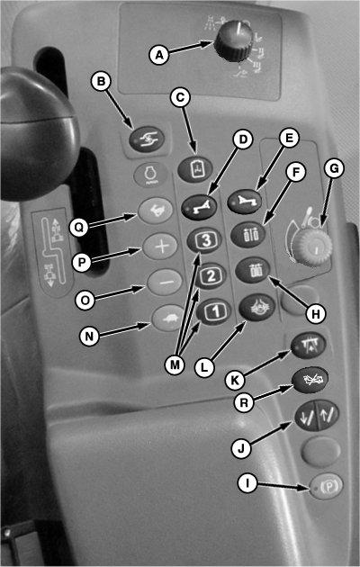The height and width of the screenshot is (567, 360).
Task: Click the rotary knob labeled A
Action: point(233,40)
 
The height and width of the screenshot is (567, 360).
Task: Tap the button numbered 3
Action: point(204,241)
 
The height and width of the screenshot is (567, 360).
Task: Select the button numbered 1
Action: point(214,311)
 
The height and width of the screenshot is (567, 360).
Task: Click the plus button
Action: point(160,247)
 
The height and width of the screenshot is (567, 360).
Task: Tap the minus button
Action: point(165,282)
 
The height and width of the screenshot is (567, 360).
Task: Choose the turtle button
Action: point(168,319)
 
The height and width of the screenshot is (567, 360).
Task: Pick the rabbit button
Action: point(156,211)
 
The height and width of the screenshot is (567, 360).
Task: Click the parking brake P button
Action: point(327,486)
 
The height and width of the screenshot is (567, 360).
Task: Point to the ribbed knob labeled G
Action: point(312,247)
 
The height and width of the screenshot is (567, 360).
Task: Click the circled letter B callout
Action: point(101,81)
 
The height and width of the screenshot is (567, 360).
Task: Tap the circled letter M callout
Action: point(175,365)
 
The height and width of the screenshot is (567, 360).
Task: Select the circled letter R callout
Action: point(244,403)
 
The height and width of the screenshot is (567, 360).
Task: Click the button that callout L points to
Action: point(257,308)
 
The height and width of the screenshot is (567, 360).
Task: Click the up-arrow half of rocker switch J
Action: point(328,414)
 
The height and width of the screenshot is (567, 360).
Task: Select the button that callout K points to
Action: point(309,346)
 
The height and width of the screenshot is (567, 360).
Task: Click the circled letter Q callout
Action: point(79,228)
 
